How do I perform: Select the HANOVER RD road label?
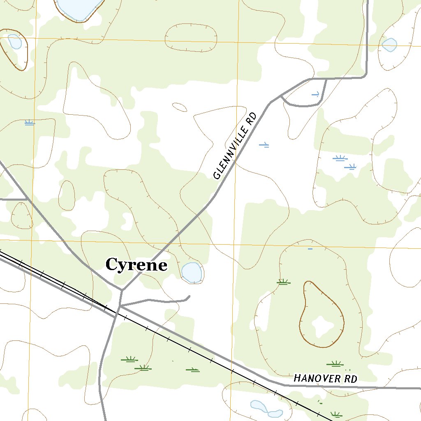tap(325, 379)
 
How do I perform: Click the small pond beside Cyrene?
tap(192, 272)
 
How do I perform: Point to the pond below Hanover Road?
tap(266, 409)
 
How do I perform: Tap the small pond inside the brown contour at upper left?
tap(14, 42)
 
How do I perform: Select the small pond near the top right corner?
tap(389, 45)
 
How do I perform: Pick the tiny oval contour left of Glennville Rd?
tap(180, 107)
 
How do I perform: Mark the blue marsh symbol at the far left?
tap(29, 123)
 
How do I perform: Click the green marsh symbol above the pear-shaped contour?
tap(283, 282)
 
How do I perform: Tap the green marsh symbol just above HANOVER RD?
tap(335, 363)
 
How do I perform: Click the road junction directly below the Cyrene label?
tap(122, 291)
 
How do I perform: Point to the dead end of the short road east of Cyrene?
tap(189, 296)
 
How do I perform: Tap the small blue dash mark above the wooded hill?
tap(310, 249)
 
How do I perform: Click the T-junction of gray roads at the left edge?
tap(27, 199)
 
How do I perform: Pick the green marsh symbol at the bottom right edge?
tap(336, 415)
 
